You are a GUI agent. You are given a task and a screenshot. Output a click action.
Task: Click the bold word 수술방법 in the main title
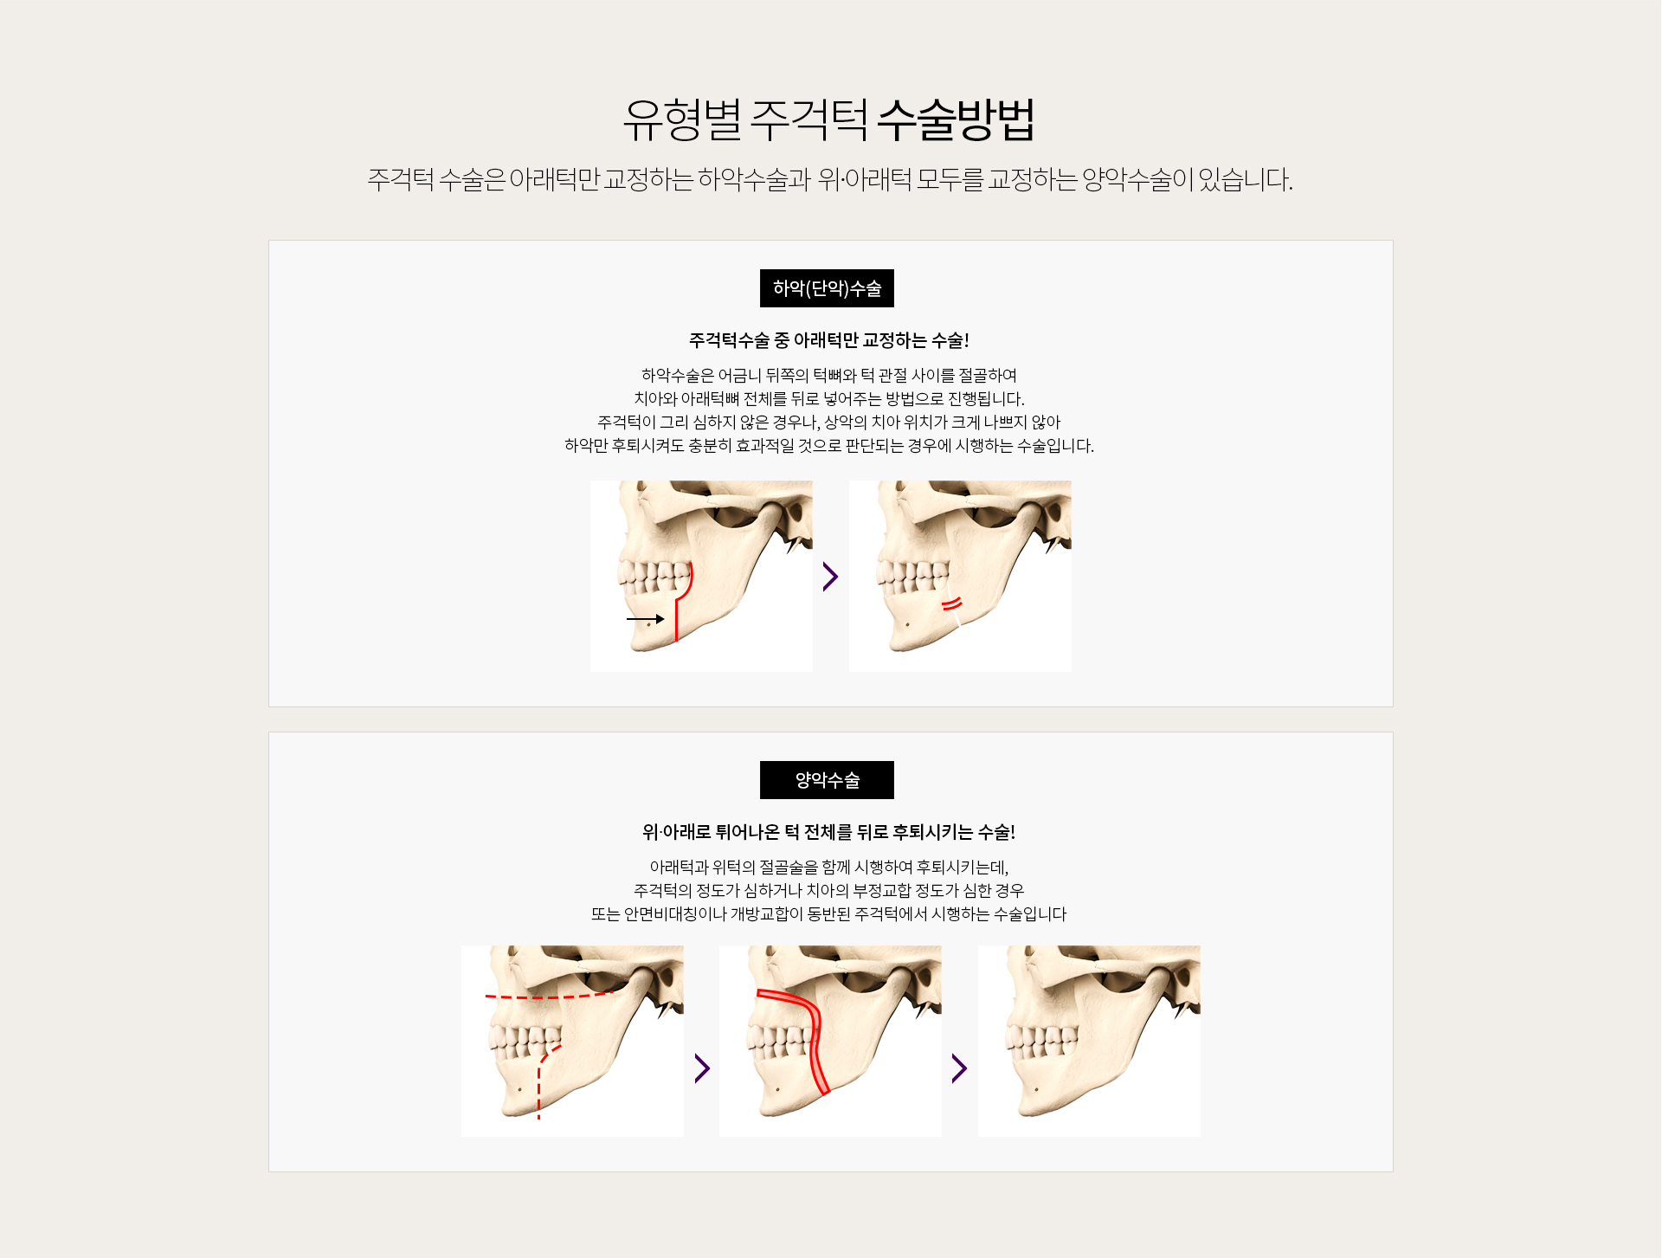(956, 119)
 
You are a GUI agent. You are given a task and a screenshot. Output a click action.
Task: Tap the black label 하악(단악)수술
(827, 288)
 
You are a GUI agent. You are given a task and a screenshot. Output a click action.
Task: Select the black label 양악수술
(827, 780)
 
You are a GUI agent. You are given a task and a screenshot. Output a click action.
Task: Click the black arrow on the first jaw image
(645, 619)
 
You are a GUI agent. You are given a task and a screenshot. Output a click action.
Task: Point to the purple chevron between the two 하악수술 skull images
(830, 577)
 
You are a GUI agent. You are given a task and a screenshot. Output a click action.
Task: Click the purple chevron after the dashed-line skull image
(702, 1068)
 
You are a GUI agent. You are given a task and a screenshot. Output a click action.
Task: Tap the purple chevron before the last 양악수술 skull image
(959, 1068)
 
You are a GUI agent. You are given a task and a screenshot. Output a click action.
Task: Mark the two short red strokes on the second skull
(952, 603)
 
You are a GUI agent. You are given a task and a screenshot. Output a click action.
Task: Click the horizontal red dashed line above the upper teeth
(549, 997)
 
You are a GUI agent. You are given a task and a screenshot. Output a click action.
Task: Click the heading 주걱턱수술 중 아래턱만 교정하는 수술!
(828, 340)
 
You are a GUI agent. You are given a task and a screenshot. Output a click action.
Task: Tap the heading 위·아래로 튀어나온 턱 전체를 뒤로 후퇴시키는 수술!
(828, 832)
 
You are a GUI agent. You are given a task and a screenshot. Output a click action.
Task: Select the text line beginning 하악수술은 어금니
(828, 375)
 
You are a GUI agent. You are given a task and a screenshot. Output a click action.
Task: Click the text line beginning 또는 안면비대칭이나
(828, 913)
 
